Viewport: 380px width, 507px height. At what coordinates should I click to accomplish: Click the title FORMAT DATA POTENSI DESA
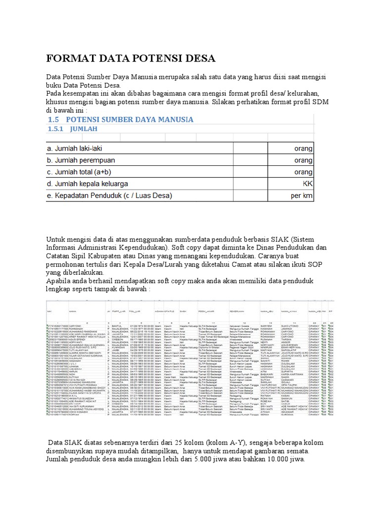131,58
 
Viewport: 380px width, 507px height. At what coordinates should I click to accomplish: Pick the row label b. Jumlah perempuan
81,160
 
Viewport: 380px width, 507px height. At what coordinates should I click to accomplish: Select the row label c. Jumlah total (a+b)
84,172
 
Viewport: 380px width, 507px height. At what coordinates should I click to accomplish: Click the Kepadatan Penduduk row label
109,196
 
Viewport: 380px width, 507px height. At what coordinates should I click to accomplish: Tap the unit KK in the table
307,184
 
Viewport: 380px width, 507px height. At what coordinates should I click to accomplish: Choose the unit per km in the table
301,196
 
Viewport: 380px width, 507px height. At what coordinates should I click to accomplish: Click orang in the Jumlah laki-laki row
303,148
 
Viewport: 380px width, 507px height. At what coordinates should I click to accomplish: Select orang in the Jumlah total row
303,172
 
